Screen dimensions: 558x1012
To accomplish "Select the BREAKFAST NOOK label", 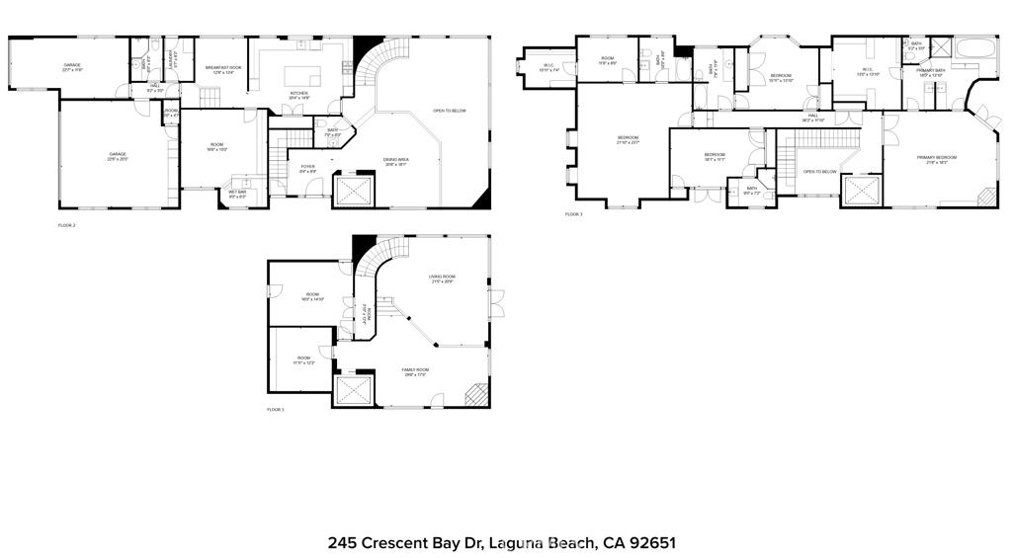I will point(223,69).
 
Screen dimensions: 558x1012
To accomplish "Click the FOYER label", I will point(308,169).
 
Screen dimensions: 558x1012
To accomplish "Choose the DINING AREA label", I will point(396,161).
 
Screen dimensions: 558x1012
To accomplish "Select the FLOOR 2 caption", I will point(67,226).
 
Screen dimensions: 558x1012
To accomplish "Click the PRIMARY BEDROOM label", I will point(936,158).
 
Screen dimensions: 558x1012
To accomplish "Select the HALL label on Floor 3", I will point(812,117).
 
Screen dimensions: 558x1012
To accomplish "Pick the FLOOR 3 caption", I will point(574,214).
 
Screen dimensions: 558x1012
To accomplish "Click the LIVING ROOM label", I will point(441,278).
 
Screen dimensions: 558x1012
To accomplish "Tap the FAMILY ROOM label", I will point(415,371).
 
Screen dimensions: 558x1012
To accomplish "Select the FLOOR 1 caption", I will point(276,409).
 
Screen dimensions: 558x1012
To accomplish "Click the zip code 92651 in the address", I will point(651,543).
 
